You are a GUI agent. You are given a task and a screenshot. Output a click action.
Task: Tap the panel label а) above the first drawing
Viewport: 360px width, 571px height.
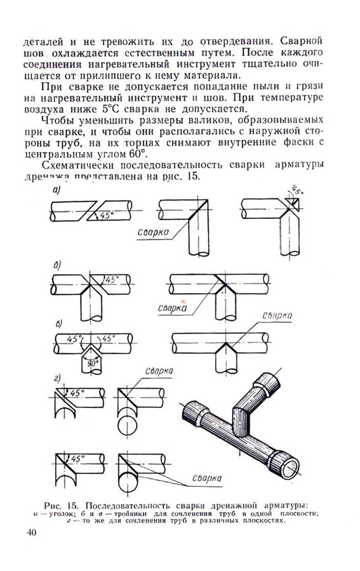click(x=56, y=190)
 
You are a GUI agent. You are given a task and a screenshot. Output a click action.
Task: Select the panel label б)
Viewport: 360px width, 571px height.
click(x=57, y=264)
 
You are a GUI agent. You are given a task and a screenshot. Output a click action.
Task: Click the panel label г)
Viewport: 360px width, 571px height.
click(x=57, y=379)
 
